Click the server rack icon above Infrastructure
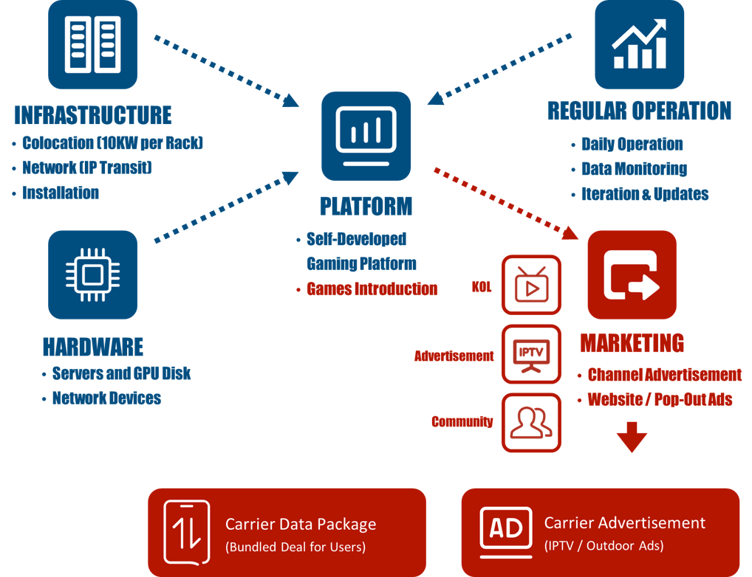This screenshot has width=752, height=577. (92, 44)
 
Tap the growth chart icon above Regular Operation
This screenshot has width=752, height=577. (639, 44)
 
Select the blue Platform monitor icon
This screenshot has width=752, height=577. (366, 136)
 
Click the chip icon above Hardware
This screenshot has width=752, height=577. (92, 274)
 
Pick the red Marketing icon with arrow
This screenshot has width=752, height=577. (632, 274)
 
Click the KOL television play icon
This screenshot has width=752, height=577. (531, 285)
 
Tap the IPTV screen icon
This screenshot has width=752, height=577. (531, 354)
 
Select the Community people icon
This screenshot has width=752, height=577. (531, 423)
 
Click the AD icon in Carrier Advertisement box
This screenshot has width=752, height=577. (506, 532)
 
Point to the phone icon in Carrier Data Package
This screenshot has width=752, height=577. (187, 533)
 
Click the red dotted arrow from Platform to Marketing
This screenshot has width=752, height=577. (506, 204)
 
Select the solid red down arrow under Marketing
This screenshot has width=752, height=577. (632, 437)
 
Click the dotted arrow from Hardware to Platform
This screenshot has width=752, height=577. (226, 207)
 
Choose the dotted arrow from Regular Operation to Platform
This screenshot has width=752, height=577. (499, 69)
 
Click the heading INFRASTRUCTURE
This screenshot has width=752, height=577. (93, 115)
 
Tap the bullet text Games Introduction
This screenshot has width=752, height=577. (372, 289)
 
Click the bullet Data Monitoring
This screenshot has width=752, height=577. (634, 169)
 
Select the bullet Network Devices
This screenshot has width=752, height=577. (106, 398)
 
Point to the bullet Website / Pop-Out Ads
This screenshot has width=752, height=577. (660, 399)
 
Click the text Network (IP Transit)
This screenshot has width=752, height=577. (87, 167)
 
